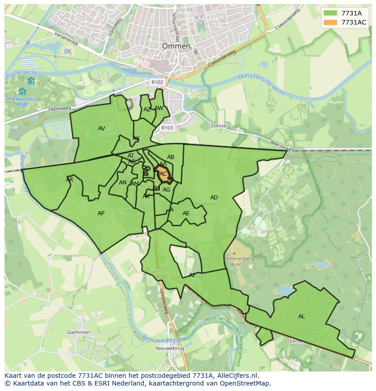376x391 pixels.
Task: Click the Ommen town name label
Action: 176,46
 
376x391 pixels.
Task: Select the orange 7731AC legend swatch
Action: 331,22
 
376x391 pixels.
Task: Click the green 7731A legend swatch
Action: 331,13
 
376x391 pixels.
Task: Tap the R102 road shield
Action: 157,82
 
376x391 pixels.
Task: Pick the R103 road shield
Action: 167,128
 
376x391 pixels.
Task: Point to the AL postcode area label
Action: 302,317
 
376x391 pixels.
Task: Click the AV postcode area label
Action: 101,129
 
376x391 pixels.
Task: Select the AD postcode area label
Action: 214,198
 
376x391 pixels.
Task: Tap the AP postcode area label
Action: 101,213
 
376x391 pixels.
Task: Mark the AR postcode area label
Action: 69,180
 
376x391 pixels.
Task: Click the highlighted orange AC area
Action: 163,174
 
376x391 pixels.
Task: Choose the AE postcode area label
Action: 186,213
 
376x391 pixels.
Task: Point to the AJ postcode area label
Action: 192,275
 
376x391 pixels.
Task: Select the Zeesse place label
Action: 218,126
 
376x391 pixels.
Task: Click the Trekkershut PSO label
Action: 22,101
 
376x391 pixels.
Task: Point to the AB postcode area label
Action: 171,157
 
